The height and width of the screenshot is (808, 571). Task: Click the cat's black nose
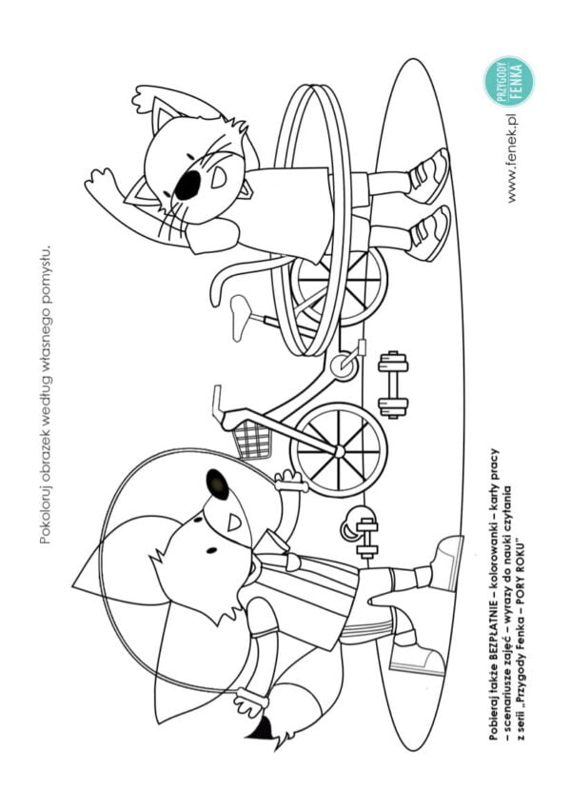(x=187, y=185)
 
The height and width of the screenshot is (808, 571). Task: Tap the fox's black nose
(x=218, y=484)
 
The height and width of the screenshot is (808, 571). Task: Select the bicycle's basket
(x=253, y=439)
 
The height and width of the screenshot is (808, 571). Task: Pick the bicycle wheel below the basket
(x=339, y=450)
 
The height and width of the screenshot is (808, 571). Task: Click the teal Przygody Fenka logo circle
(x=508, y=82)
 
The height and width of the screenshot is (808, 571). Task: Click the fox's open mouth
(x=234, y=522)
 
